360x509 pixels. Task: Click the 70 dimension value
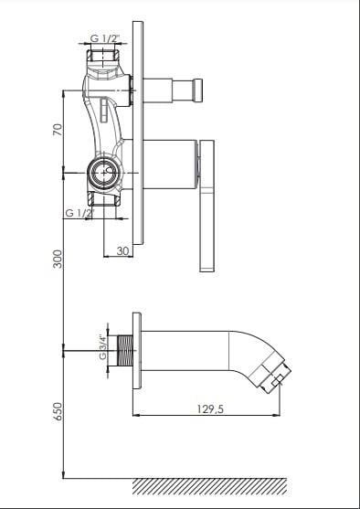click(58, 130)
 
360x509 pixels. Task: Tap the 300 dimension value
click(58, 259)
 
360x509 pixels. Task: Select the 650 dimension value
click(58, 411)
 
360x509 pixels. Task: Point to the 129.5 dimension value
click(210, 409)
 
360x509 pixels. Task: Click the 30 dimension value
click(123, 251)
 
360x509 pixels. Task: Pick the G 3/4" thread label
click(103, 347)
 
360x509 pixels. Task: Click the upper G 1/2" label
click(105, 38)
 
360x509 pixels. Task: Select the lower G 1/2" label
click(79, 213)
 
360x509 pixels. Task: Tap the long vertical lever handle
click(206, 206)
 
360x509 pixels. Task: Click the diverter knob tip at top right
click(197, 90)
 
